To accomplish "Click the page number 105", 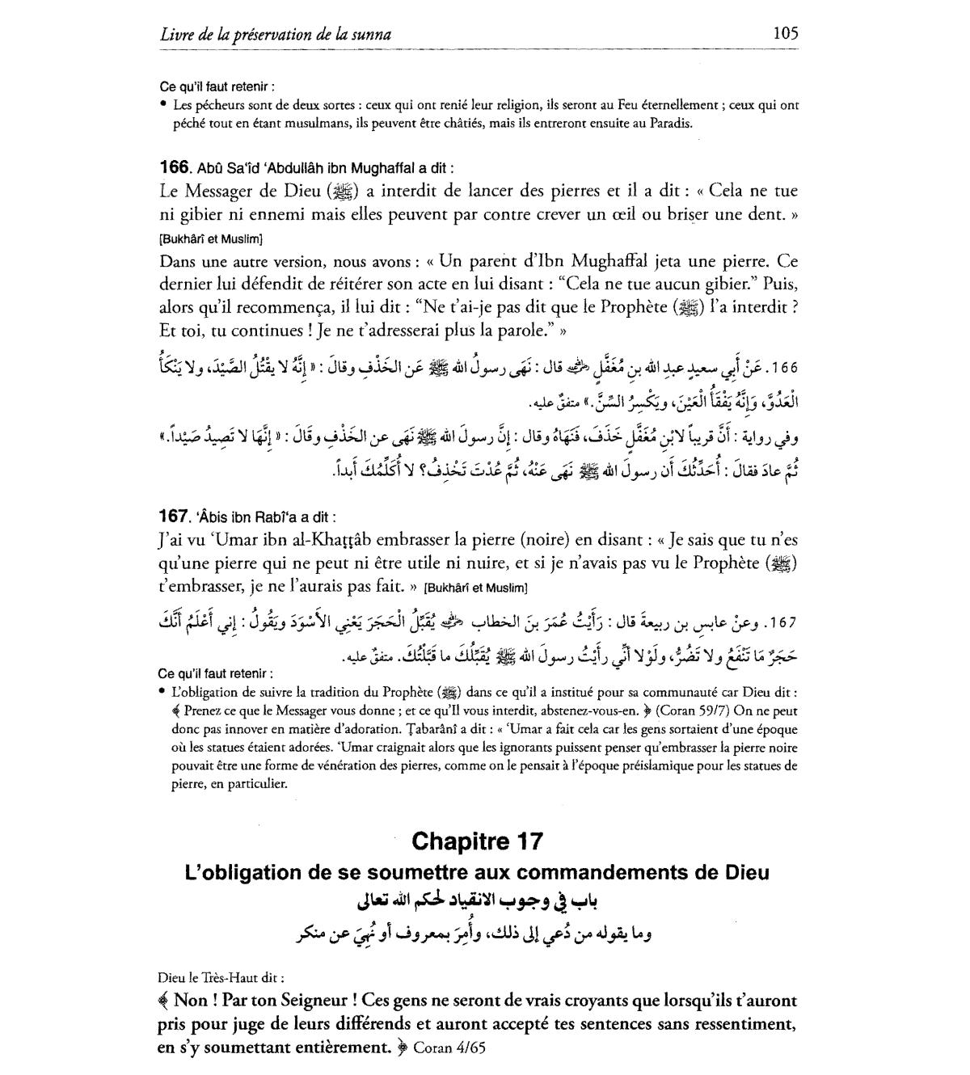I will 785,33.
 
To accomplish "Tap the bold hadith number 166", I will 174,168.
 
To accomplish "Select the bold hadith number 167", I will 174,516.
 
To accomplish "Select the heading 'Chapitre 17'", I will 478,841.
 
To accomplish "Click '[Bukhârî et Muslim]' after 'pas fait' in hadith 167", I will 475,588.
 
